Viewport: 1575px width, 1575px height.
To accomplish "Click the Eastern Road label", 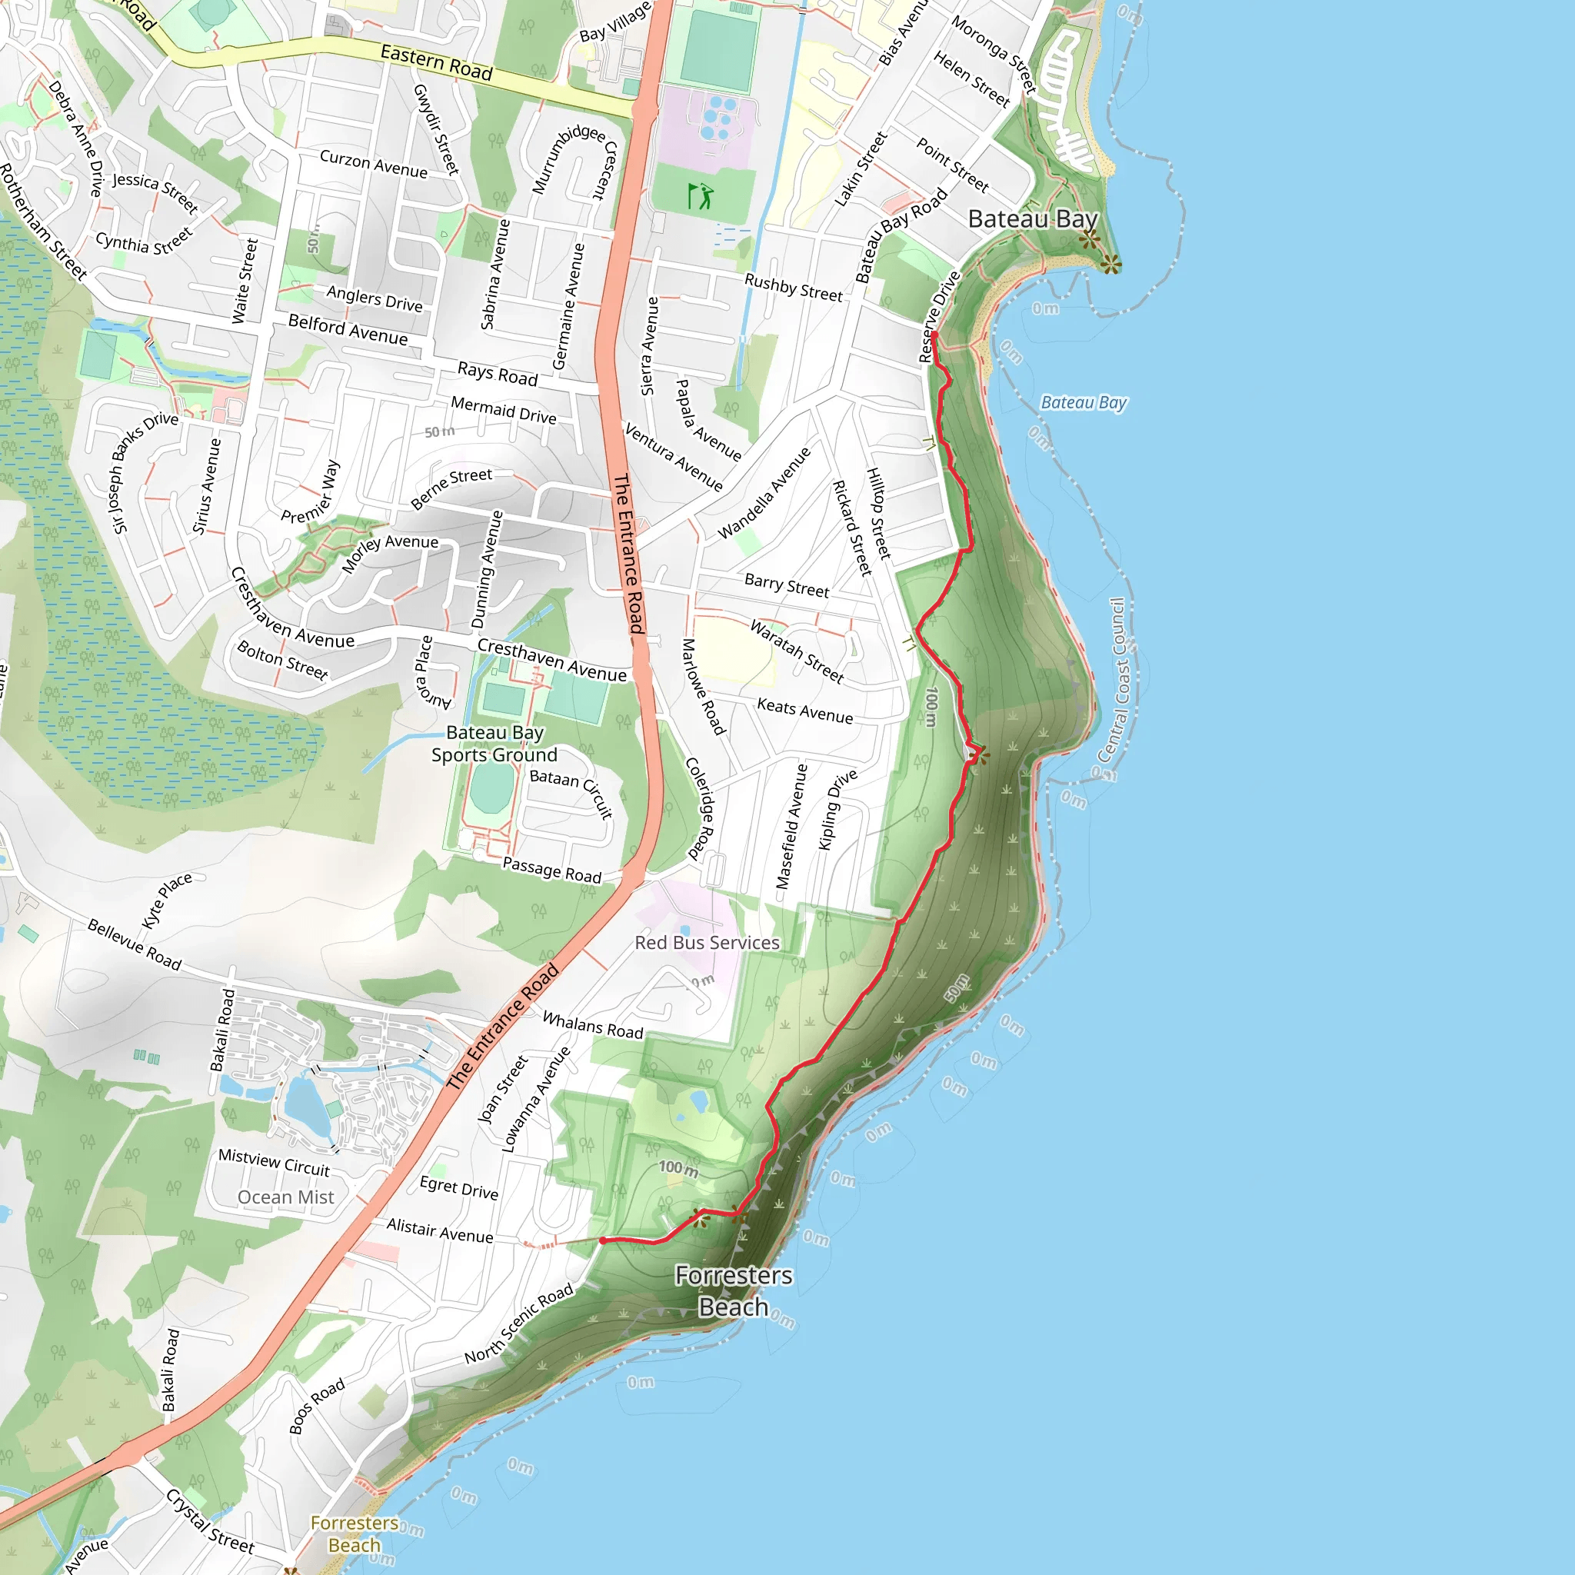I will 436,63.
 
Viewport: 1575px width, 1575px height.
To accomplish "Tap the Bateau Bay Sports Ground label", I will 494,744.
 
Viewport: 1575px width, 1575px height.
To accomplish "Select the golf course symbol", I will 701,195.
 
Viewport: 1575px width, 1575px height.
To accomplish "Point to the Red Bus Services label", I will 707,942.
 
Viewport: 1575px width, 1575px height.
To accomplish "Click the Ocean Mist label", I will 285,1197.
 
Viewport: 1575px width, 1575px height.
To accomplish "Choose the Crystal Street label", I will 209,1520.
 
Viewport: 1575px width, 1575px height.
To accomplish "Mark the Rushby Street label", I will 793,288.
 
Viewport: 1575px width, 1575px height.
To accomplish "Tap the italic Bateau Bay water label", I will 1084,403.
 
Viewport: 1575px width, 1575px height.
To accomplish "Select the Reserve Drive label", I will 939,316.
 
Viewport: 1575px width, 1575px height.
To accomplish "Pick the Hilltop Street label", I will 878,514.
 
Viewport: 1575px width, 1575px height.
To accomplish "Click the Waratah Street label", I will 797,651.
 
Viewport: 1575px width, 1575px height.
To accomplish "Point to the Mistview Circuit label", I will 274,1163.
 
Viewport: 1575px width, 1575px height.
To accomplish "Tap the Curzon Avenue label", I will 373,163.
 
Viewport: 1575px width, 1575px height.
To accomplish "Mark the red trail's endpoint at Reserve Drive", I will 934,335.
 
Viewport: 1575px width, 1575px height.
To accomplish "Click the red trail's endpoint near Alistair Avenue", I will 602,1240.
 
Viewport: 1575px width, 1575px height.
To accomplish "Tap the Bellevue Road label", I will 135,945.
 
